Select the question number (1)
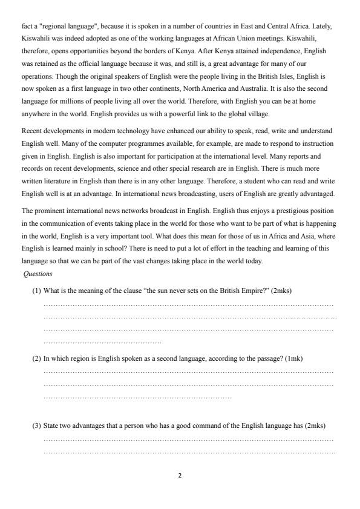click(x=36, y=291)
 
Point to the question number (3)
click(x=36, y=426)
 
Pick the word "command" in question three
click(x=192, y=426)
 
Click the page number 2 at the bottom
click(x=180, y=475)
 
